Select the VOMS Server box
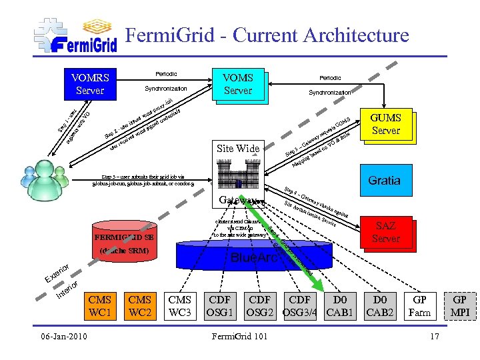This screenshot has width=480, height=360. click(237, 84)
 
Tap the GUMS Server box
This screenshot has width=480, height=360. click(385, 124)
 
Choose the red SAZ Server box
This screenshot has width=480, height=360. click(386, 232)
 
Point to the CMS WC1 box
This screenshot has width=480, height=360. click(100, 306)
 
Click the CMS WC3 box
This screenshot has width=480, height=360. click(180, 306)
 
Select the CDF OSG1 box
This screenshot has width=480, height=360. click(220, 306)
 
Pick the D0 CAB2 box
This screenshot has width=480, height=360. click(380, 306)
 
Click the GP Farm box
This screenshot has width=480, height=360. click(420, 306)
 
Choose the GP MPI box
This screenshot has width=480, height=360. click(460, 306)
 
